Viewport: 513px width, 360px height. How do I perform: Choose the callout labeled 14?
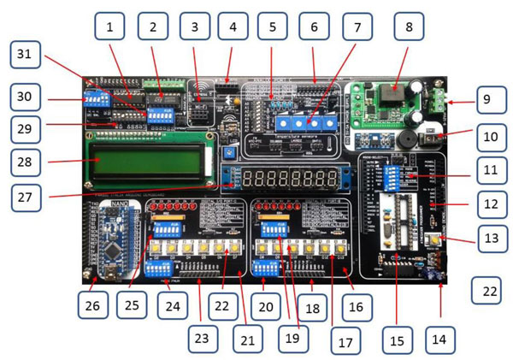point(439,339)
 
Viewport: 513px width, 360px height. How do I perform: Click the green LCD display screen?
point(148,161)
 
